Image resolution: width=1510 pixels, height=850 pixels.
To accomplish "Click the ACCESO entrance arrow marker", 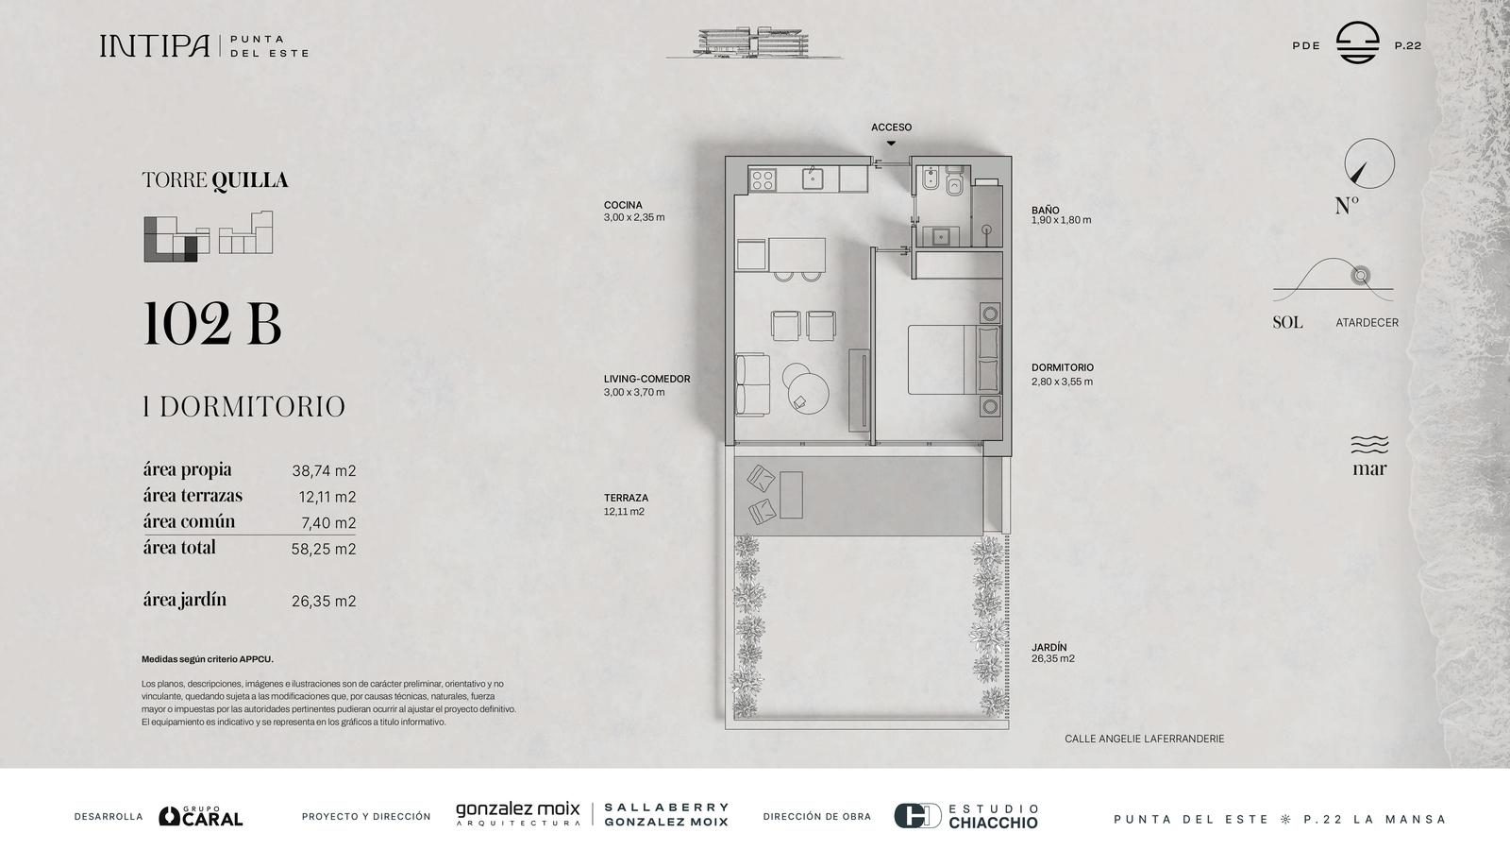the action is (x=891, y=143).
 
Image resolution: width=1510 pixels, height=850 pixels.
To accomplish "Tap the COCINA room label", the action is (x=623, y=205).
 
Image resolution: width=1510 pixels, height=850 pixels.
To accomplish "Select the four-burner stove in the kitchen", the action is (x=763, y=180).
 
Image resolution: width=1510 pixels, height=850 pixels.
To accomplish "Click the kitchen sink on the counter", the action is (x=813, y=178).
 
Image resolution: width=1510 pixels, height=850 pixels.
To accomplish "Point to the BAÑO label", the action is (x=1045, y=210).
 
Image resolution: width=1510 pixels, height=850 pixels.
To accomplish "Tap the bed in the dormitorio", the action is (x=954, y=360).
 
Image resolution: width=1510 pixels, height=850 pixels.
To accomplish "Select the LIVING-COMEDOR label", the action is (x=646, y=379).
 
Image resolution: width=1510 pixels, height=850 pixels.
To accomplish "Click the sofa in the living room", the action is (x=752, y=383).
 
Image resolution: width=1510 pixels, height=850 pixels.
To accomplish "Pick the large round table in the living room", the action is (x=808, y=393).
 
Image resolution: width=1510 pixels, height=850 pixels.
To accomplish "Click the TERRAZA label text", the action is (x=626, y=498).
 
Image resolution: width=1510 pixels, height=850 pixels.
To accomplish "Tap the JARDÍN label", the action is (x=1049, y=647).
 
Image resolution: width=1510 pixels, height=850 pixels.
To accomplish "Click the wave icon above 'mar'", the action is (x=1369, y=445).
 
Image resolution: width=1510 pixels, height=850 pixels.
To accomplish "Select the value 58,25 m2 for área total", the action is (x=324, y=549).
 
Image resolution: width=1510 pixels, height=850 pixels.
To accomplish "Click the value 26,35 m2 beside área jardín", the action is (x=324, y=601).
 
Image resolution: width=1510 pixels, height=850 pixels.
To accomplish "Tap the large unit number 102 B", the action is (x=211, y=325).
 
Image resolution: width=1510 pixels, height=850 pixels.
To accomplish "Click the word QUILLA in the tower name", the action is (x=250, y=180).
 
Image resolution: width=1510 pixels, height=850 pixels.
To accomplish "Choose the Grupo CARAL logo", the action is (x=200, y=816).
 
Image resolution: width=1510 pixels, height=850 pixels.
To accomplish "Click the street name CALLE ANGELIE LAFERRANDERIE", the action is (x=1144, y=739).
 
